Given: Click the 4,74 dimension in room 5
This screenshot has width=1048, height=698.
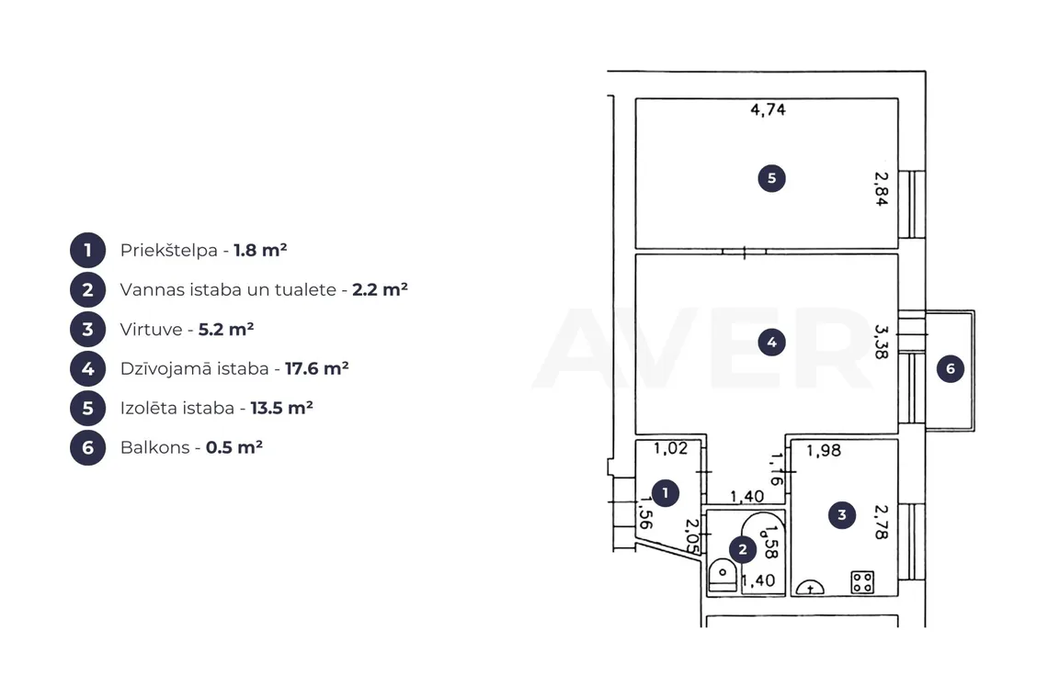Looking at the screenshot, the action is (768, 109).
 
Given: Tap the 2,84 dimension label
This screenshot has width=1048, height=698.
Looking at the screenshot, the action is (882, 189).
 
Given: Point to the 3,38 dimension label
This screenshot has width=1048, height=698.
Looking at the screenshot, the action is (882, 342).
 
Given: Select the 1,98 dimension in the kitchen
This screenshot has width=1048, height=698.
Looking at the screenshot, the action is (824, 451).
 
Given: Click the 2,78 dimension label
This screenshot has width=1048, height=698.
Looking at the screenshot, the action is (882, 522).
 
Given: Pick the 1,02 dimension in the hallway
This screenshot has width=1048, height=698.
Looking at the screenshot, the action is (670, 448).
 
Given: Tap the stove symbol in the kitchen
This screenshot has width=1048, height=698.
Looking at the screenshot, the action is (862, 582).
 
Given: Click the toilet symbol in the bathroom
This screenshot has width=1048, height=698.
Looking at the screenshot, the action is (723, 576).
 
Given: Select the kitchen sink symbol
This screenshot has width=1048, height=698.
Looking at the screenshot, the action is (810, 587).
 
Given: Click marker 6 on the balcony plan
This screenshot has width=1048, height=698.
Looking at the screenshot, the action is (951, 368).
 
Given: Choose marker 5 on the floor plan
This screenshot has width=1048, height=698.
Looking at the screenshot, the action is (772, 178).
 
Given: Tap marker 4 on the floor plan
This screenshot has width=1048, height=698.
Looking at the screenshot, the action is (772, 343).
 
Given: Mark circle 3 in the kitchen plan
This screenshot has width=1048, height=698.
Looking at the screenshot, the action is (842, 515).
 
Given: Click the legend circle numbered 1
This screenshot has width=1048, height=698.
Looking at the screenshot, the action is (87, 251).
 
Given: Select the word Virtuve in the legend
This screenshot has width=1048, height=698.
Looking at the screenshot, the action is (151, 330).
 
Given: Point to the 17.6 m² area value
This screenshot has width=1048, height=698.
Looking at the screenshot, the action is (317, 368).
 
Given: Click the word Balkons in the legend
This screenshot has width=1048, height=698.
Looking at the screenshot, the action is (155, 447).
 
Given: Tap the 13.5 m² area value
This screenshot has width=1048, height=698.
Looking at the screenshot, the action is (282, 408).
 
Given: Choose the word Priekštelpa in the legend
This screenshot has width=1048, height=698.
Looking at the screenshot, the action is (169, 251).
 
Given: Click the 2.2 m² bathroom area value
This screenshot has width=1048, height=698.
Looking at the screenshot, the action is (381, 289).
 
